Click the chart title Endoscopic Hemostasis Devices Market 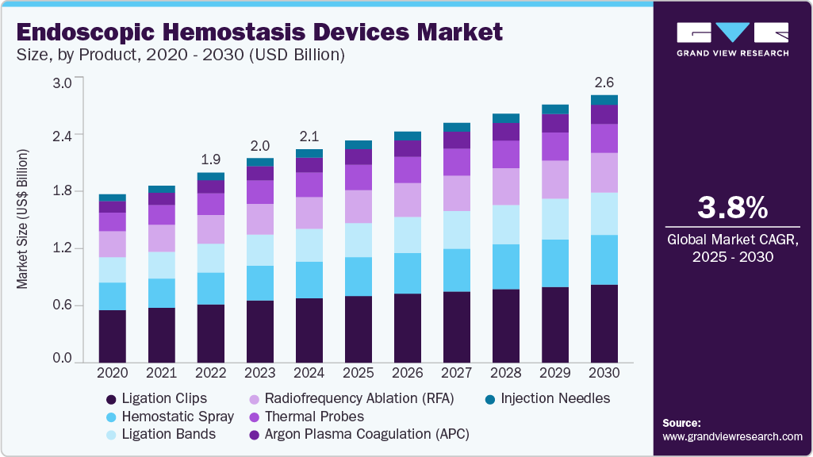tap(259, 32)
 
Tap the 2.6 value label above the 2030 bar tap(604, 83)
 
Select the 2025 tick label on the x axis tap(359, 373)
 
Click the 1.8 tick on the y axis tap(62, 191)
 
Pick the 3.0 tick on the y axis tap(62, 83)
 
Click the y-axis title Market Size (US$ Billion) tap(23, 218)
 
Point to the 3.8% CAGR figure tap(732, 208)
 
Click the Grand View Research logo tap(732, 38)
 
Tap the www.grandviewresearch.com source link tap(732, 436)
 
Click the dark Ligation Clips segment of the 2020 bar tap(112, 336)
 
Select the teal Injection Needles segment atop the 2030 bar tap(604, 100)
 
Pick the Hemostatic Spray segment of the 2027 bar tap(457, 271)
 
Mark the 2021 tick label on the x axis tap(161, 373)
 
